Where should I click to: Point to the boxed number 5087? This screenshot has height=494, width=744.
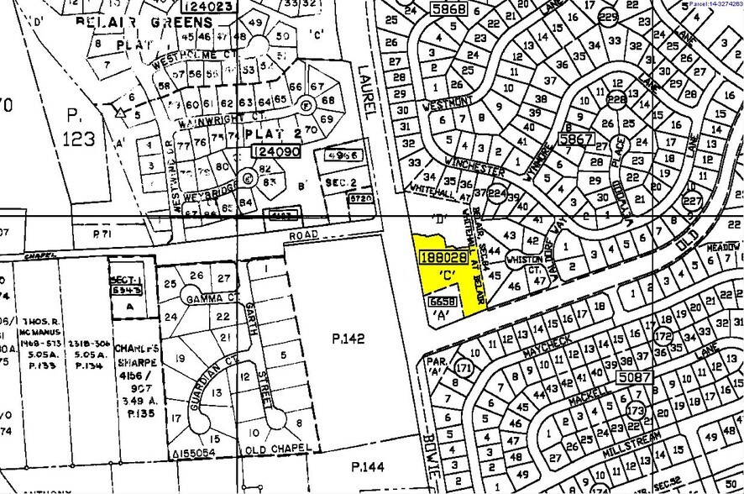[635, 378]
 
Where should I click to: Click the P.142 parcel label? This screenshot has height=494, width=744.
[348, 339]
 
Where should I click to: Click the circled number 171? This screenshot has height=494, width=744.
[463, 368]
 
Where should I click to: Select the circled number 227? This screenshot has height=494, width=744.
[693, 201]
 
